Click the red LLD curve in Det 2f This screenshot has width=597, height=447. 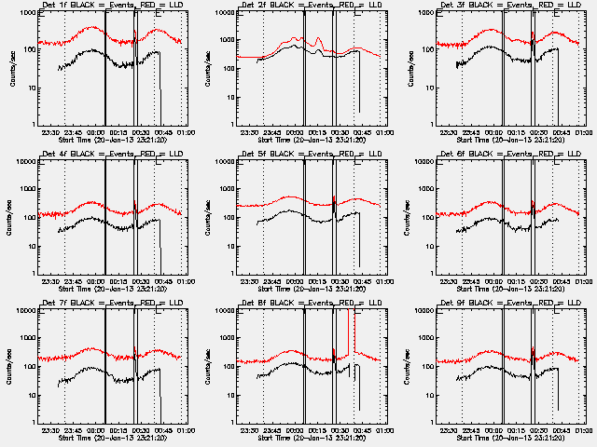click(280, 46)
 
